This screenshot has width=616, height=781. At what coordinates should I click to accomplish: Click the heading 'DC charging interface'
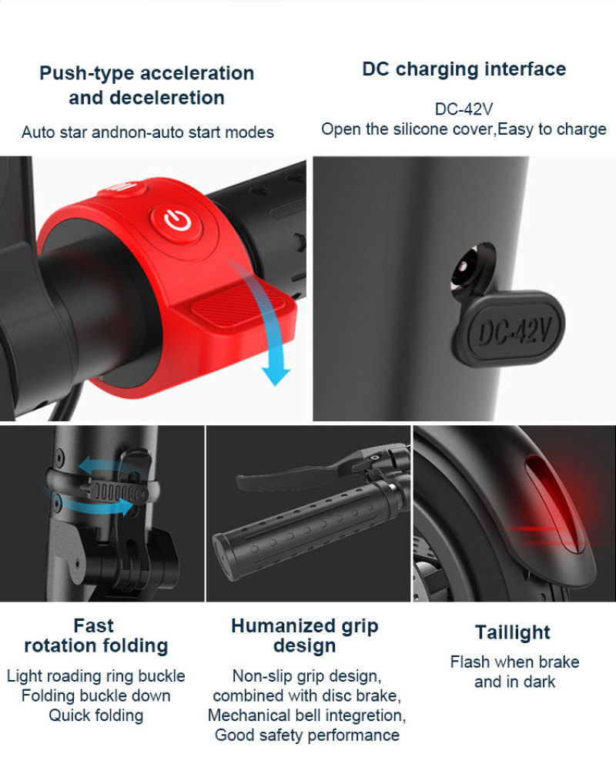click(464, 69)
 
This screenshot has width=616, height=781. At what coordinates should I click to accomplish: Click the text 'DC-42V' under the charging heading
click(464, 109)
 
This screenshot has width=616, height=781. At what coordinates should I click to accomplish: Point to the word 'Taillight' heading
click(512, 632)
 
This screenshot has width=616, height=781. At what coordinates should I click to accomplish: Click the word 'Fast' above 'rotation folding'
click(94, 625)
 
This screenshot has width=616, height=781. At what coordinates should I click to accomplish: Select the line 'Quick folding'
click(96, 716)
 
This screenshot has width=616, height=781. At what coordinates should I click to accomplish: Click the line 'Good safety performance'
click(306, 735)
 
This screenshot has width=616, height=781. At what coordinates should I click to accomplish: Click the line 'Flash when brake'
click(514, 662)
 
